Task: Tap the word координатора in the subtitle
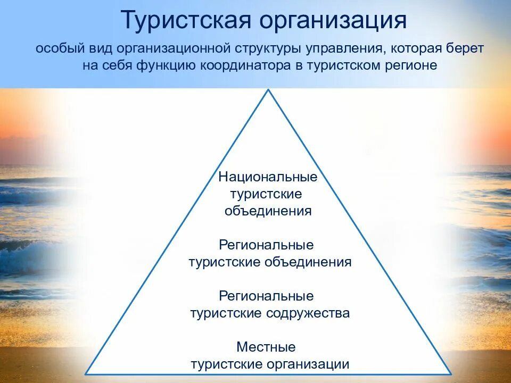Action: click(246, 66)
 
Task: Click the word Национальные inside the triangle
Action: click(268, 177)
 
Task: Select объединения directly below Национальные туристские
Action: click(268, 211)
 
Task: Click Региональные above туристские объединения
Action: click(266, 245)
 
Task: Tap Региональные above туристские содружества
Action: click(266, 296)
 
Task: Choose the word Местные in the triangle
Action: click(266, 347)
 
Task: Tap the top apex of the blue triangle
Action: click(268, 90)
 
